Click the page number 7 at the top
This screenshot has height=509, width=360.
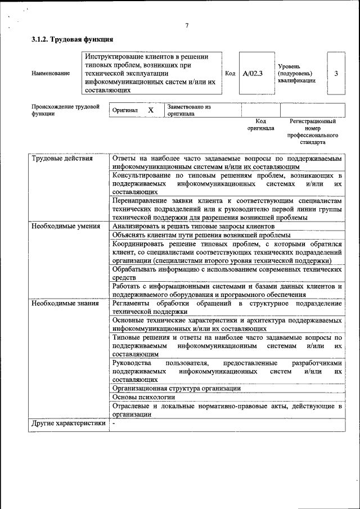click(x=187, y=25)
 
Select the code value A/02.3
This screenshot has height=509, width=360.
click(x=253, y=73)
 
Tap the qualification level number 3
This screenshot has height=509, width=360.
click(x=336, y=73)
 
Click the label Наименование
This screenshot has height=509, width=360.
click(x=51, y=74)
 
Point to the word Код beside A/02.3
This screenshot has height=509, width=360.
click(x=230, y=74)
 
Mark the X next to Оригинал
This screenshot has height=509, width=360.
click(x=151, y=110)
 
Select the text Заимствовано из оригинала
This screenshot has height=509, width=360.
click(x=189, y=110)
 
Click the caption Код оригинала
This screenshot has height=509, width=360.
click(x=260, y=124)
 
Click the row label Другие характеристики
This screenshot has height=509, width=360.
click(x=69, y=424)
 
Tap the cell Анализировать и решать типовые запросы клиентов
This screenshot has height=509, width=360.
click(x=193, y=226)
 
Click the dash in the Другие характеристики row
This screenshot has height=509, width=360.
click(x=114, y=424)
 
